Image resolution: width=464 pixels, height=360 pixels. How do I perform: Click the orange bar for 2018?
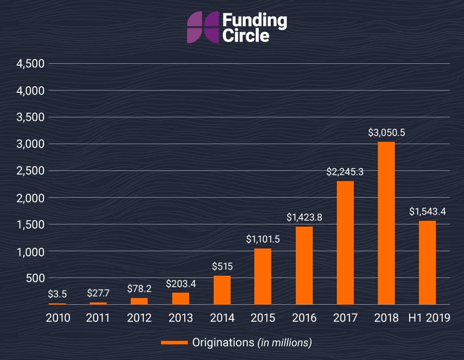(x=386, y=223)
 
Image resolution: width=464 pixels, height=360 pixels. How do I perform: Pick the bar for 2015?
(x=263, y=276)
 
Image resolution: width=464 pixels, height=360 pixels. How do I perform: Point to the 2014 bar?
(x=222, y=290)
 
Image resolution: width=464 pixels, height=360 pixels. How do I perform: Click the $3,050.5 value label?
(x=386, y=132)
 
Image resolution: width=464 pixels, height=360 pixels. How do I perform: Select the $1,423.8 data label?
(x=304, y=218)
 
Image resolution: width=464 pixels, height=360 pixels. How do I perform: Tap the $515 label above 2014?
(x=223, y=267)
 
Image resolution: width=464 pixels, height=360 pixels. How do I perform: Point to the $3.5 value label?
(x=57, y=294)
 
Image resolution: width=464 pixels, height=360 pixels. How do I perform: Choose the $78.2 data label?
(x=139, y=288)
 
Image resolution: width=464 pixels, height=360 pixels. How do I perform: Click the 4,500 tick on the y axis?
(x=30, y=64)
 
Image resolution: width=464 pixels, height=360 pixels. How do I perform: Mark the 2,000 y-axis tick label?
(x=30, y=198)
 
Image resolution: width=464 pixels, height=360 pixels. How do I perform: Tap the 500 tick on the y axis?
(x=36, y=278)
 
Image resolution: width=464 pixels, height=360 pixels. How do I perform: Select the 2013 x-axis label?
(x=181, y=318)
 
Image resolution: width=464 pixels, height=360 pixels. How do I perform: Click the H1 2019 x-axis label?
(x=429, y=318)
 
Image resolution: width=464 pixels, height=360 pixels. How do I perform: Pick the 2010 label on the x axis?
(x=58, y=318)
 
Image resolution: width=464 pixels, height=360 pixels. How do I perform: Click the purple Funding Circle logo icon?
(x=203, y=28)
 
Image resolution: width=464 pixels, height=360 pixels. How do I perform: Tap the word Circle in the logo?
(x=245, y=35)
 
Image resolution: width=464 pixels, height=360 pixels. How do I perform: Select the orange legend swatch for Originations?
(x=174, y=343)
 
